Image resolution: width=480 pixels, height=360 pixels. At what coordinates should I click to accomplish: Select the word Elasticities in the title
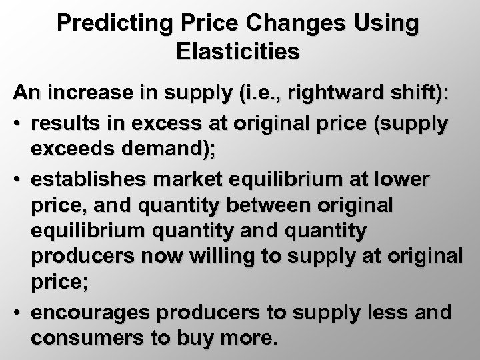point(239,51)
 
